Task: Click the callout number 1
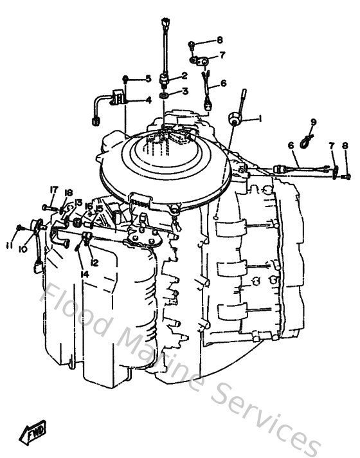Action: [260, 118]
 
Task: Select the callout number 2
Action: [184, 75]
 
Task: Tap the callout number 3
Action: [184, 91]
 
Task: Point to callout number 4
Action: [148, 100]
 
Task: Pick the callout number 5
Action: [148, 78]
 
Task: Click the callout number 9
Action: [314, 122]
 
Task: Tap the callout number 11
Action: [9, 245]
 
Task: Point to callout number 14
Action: [84, 274]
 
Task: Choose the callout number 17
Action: [53, 190]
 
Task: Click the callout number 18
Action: [69, 192]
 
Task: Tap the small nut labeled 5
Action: [127, 78]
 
